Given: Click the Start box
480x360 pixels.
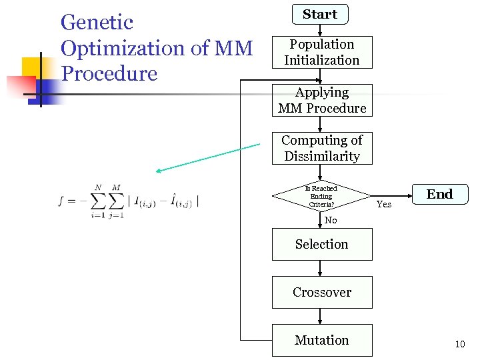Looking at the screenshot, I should tap(320, 14).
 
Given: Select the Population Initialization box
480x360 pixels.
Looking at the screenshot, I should tap(322, 52).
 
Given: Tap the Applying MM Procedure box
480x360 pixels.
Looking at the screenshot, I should tap(322, 100).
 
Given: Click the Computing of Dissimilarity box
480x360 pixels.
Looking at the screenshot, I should tap(322, 148).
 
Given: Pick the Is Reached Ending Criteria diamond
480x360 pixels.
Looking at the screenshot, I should tap(321, 197).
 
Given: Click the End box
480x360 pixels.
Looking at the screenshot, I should tap(439, 194).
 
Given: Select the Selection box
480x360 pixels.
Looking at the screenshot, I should tap(322, 244).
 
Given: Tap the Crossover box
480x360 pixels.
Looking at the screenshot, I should tap(322, 292).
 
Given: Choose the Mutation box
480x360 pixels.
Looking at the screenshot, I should tap(322, 340).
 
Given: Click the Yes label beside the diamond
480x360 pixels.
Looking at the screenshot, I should tap(384, 204).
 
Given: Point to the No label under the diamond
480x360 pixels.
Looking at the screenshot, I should tap(331, 220).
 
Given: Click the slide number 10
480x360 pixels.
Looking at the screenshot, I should tap(459, 344).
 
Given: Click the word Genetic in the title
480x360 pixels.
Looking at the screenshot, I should tap(97, 23).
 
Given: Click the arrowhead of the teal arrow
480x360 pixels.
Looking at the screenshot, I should tap(159, 171).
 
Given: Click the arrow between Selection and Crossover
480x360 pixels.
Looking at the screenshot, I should tap(321, 268).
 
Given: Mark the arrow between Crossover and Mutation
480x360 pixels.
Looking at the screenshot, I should tap(321, 316).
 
